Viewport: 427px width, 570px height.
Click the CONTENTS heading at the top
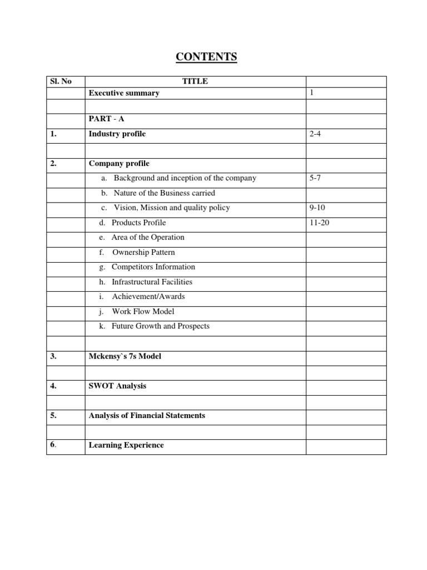[x=206, y=57]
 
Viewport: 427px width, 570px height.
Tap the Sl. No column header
[x=61, y=81]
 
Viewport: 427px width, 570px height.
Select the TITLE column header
[x=195, y=81]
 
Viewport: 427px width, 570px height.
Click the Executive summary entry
[x=124, y=93]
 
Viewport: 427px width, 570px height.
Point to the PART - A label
[x=106, y=119]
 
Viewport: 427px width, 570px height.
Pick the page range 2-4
[x=315, y=134]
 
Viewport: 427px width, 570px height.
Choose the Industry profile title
[x=117, y=134]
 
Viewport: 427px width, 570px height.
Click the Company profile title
[x=119, y=164]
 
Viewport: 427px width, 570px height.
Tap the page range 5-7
[x=315, y=178]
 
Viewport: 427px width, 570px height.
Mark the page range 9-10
[x=317, y=208]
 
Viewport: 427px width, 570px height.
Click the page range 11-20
[x=319, y=223]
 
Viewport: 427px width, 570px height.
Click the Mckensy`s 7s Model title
[x=125, y=356]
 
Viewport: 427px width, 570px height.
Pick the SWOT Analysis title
[x=118, y=386]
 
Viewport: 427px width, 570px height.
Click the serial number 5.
[x=53, y=415]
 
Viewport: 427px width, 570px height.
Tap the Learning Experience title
[x=126, y=445]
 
